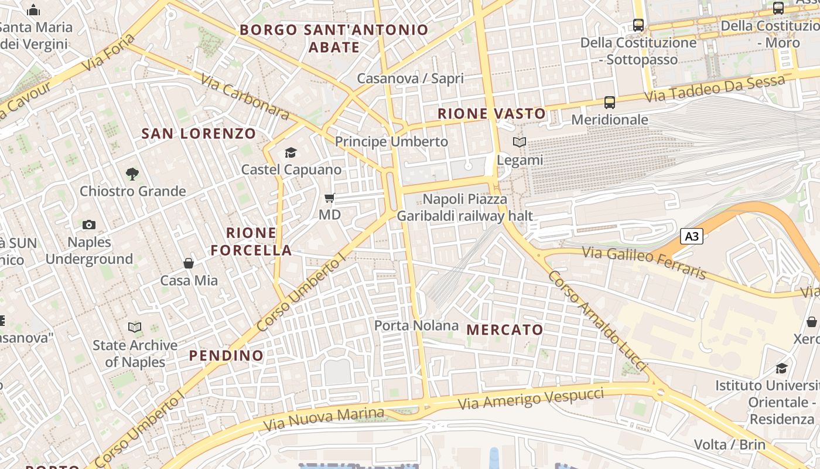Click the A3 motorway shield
tap(692, 237)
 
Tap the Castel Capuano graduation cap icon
tap(291, 153)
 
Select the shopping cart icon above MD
tap(330, 198)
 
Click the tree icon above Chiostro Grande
tap(132, 174)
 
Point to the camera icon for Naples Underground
tap(89, 225)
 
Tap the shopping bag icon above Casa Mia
tap(189, 263)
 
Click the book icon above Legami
tap(520, 142)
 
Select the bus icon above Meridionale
tap(610, 103)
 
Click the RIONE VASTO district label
tap(491, 114)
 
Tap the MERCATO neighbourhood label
tap(505, 330)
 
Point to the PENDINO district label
tap(226, 356)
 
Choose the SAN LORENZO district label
tap(199, 134)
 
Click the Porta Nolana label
tap(416, 325)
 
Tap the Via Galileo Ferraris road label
tap(644, 263)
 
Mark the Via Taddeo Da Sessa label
tap(715, 89)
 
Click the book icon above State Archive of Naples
tap(135, 328)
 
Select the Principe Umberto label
tap(391, 142)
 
